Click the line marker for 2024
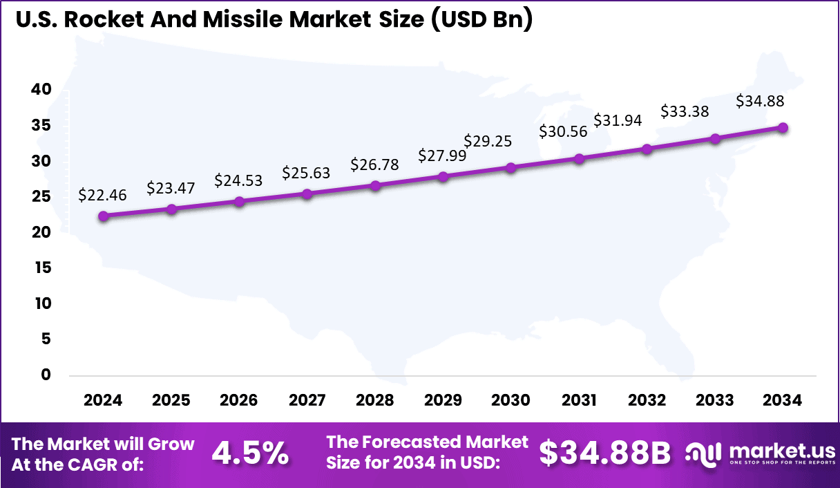coord(104,216)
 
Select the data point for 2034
coord(783,128)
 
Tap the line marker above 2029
coord(443,176)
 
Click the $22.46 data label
coord(102,195)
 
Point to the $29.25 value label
coord(488,140)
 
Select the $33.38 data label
coord(685,111)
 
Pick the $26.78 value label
coord(374,165)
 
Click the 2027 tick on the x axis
coord(307,400)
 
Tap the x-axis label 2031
coord(579,400)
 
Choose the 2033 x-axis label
coord(715,400)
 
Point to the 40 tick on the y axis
coord(41,89)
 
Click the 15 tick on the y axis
coord(42,268)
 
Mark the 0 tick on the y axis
coord(46,375)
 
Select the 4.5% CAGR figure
coord(250,453)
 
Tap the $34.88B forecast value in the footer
coord(605,453)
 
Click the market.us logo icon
coord(704,453)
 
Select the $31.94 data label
coord(618,120)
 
